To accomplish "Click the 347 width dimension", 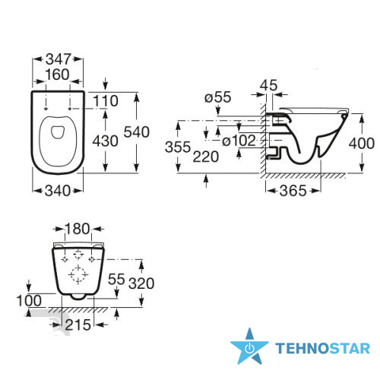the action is tap(59, 59).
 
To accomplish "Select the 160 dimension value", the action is tap(57, 74).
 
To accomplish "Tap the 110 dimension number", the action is tap(106, 101).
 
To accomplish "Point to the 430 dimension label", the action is tap(105, 141).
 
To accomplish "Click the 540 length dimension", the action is tap(137, 132).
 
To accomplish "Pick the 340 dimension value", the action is tap(58, 191).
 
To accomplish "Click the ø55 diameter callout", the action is tap(218, 97).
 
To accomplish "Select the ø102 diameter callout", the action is tap(239, 141).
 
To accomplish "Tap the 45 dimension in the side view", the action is tap(269, 85).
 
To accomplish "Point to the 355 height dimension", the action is tap(178, 147).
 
